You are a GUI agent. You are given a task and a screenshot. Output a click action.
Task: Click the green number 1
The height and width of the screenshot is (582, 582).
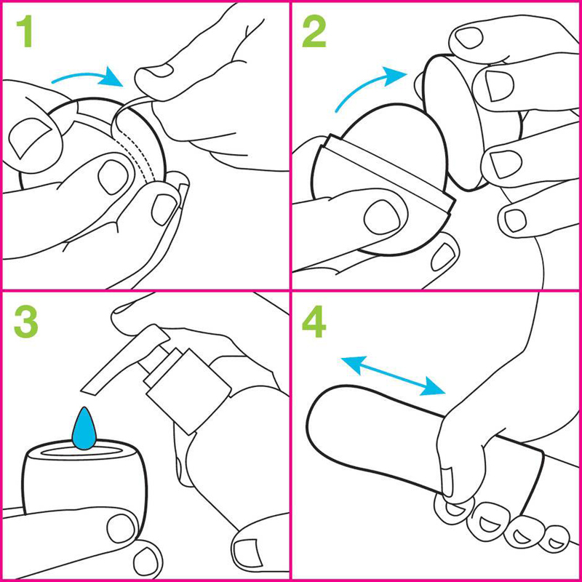tap(25, 31)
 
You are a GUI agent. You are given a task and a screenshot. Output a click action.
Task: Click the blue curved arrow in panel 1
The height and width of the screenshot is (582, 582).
tap(87, 76)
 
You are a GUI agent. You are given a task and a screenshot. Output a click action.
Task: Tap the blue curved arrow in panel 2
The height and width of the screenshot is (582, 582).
tap(367, 84)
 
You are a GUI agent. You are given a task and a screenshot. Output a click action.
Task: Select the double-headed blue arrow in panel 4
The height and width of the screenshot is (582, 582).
tap(393, 375)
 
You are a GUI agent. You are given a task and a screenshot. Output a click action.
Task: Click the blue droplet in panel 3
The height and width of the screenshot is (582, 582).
tap(84, 428)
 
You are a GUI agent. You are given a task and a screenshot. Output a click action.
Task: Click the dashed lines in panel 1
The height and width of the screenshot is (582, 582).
tap(137, 156)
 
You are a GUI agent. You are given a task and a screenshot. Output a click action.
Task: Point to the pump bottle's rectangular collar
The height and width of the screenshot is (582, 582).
tap(189, 391)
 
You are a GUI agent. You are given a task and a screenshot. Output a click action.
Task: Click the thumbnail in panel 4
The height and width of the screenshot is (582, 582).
tap(447, 482)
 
